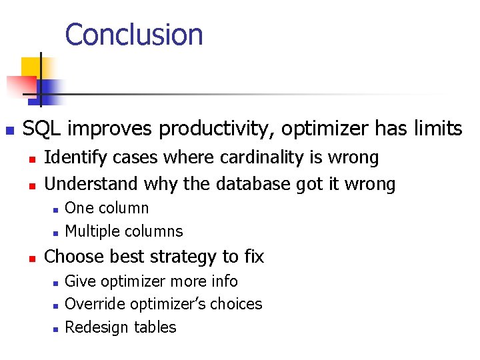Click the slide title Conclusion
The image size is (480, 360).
[134, 35]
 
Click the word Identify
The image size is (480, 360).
[75, 158]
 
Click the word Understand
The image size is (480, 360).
[90, 183]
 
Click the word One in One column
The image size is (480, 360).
[79, 208]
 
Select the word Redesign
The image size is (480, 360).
[93, 327]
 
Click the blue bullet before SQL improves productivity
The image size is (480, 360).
[9, 129]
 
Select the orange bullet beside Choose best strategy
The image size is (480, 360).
[31, 257]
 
